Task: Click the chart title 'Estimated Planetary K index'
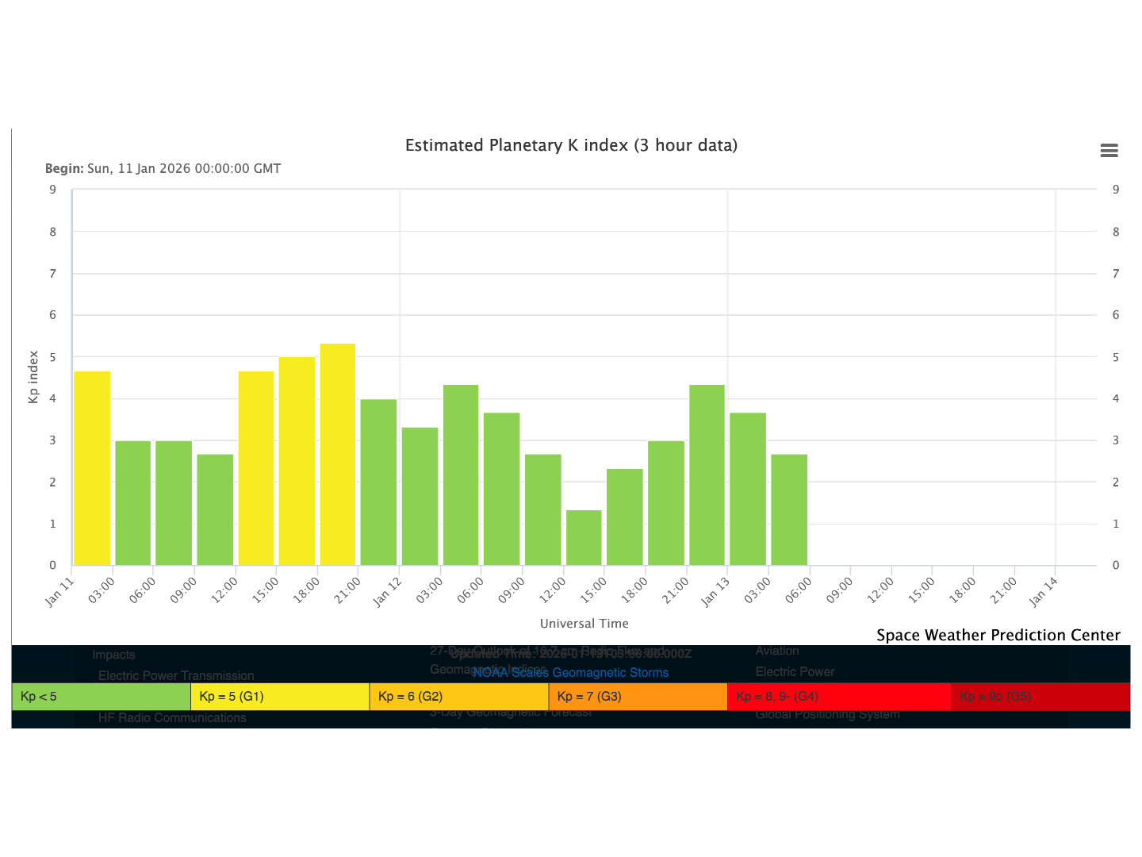571,145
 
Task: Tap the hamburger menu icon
1109,151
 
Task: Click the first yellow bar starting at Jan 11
92,468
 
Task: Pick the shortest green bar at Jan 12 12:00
584,537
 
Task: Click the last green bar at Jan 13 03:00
789,509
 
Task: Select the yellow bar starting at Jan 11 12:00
256,468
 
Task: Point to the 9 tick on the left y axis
53,190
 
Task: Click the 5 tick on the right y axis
1116,357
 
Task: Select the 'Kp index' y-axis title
33,377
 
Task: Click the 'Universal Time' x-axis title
584,624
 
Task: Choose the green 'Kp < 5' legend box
102,697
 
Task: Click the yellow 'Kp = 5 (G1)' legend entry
280,697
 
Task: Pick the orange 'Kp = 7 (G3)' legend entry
638,697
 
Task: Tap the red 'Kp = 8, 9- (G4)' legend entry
838,697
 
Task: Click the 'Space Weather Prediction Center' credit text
998,635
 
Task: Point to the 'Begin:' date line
163,168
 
